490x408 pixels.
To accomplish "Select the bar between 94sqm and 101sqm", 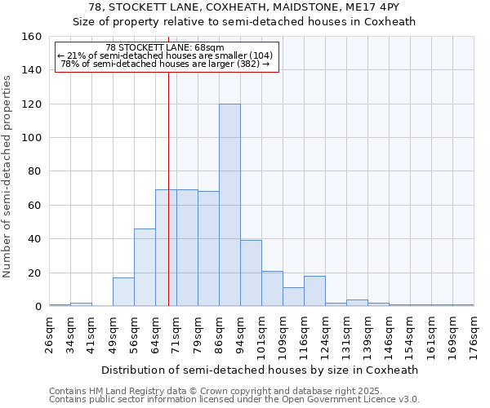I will (x=251, y=273).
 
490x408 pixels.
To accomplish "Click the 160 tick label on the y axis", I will (x=31, y=37).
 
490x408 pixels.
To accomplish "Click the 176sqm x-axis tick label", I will (x=474, y=335).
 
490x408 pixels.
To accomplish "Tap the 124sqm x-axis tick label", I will (x=326, y=335).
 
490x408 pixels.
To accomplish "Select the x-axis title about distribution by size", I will (x=261, y=370).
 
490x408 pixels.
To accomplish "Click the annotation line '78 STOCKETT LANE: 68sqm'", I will (x=165, y=47).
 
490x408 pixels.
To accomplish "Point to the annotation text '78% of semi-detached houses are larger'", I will (x=165, y=64).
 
